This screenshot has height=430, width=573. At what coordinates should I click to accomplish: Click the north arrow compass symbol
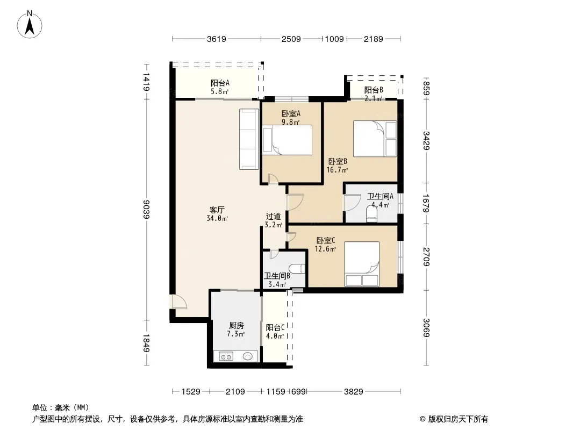coord(30,25)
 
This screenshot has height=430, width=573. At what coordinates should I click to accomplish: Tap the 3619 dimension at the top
coord(216,39)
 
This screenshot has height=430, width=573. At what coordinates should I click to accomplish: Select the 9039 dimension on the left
coord(146,209)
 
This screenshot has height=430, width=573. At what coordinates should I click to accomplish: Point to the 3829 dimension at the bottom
coord(353,392)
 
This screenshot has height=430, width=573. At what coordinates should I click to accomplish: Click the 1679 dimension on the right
coord(426,204)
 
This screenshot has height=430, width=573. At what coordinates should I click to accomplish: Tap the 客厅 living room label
coord(217,210)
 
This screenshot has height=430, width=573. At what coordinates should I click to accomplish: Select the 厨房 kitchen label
coord(236,326)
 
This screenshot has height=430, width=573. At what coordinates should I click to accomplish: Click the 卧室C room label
coord(326,241)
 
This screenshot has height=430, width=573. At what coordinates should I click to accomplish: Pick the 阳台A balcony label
coord(220,83)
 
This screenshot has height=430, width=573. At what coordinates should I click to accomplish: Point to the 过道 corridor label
coord(273,217)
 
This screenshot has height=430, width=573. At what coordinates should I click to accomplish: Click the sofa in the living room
coord(249,139)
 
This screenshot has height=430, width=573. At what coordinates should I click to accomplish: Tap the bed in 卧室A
coord(287,140)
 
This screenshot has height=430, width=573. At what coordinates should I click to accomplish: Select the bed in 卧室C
coord(362,264)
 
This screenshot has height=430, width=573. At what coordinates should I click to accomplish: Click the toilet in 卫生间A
coord(371,214)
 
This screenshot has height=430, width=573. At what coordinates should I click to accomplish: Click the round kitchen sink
coord(248,356)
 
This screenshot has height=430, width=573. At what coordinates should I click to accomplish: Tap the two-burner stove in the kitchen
coord(226,356)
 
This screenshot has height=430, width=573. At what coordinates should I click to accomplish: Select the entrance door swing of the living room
coord(179,302)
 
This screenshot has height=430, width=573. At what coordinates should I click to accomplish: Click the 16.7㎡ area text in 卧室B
coord(337,170)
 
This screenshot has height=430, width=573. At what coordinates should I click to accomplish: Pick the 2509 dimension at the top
coord(291,39)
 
